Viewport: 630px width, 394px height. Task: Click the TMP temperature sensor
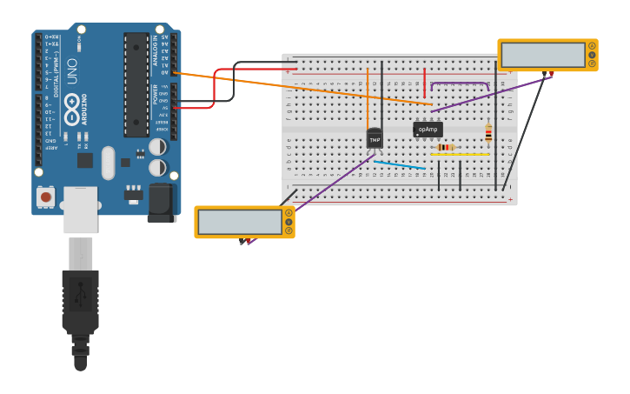point(375,138)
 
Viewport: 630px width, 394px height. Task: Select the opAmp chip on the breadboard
point(428,130)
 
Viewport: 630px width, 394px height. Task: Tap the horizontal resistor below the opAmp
point(446,147)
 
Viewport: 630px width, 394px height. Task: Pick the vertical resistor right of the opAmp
point(488,133)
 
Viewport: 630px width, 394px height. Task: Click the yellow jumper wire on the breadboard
point(461,155)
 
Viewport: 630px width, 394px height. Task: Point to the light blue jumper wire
point(400,164)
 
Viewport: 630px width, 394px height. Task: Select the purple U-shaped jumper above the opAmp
point(460,83)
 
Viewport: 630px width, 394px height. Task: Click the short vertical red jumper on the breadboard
point(424,83)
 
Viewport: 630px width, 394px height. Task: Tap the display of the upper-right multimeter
point(543,55)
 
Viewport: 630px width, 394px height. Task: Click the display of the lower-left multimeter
point(240,222)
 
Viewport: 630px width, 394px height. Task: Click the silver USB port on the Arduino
point(80,209)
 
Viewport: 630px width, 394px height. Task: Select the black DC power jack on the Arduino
point(162,202)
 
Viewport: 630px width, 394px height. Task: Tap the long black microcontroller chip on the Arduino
point(136,85)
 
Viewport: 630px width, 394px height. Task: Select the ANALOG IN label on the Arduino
point(156,50)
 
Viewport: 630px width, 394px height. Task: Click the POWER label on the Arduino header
point(156,94)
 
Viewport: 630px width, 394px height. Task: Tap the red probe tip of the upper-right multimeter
point(551,75)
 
